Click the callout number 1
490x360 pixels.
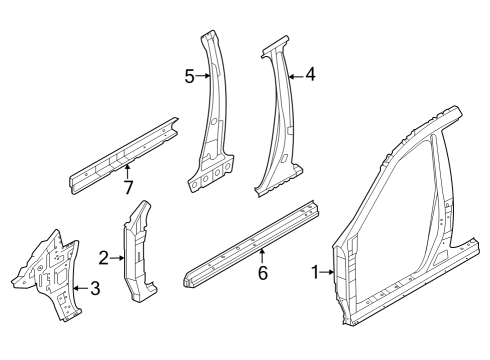(316, 272)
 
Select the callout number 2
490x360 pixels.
(103, 258)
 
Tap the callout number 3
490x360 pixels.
(95, 290)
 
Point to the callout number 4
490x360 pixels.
(310, 73)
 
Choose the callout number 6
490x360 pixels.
(262, 272)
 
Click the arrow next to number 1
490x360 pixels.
(330, 272)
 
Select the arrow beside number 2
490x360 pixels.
(117, 258)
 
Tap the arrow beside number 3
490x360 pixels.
(80, 290)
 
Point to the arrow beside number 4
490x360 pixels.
(294, 73)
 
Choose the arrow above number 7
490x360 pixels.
(127, 171)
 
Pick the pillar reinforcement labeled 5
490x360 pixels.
(215, 120)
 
